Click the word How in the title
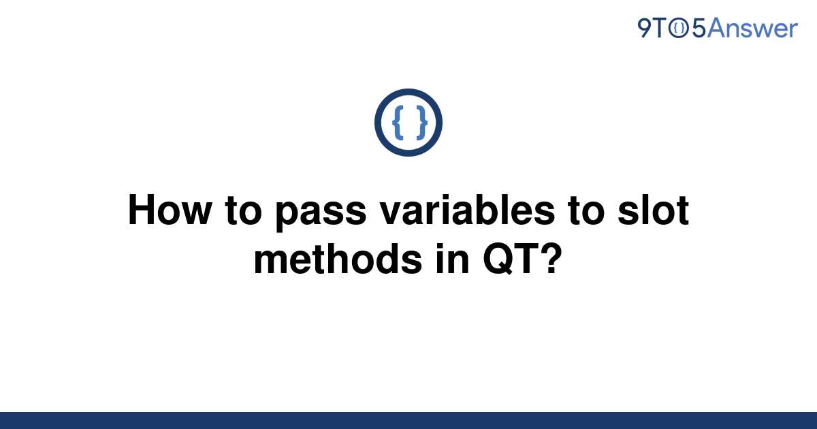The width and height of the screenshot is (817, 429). pyautogui.click(x=170, y=210)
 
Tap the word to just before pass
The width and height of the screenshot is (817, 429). pyautogui.click(x=244, y=210)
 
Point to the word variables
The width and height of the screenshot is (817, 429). pyautogui.click(x=467, y=210)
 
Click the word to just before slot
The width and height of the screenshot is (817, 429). pyautogui.click(x=586, y=210)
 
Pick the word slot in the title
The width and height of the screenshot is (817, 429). pyautogui.click(x=654, y=210)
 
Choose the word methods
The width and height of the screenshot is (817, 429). pyautogui.click(x=338, y=259)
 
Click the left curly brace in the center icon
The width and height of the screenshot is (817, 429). pyautogui.click(x=398, y=122)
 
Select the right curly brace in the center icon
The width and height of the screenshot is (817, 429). pyautogui.click(x=421, y=122)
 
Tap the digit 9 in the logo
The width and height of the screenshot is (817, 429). pyautogui.click(x=644, y=28)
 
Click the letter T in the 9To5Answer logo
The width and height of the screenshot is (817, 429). pyautogui.click(x=660, y=28)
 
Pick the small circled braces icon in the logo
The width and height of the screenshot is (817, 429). pyautogui.click(x=679, y=29)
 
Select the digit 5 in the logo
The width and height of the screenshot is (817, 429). pyautogui.click(x=699, y=29)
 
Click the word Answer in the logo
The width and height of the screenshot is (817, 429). pyautogui.click(x=752, y=28)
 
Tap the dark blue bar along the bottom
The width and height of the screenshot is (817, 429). pyautogui.click(x=408, y=421)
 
